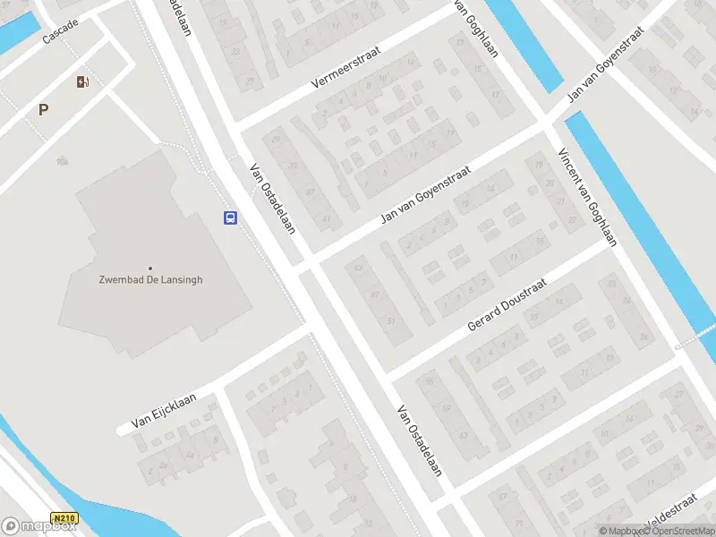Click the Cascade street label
tap(60, 32)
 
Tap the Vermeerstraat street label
tap(345, 66)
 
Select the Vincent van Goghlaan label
tap(587, 197)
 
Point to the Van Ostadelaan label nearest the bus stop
tap(273, 196)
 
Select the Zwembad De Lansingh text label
tap(150, 279)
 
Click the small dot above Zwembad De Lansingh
tap(150, 268)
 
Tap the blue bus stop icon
tap(230, 217)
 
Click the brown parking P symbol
tap(43, 109)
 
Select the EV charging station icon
tap(82, 82)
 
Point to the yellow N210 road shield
tap(64, 518)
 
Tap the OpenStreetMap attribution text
tap(678, 531)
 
